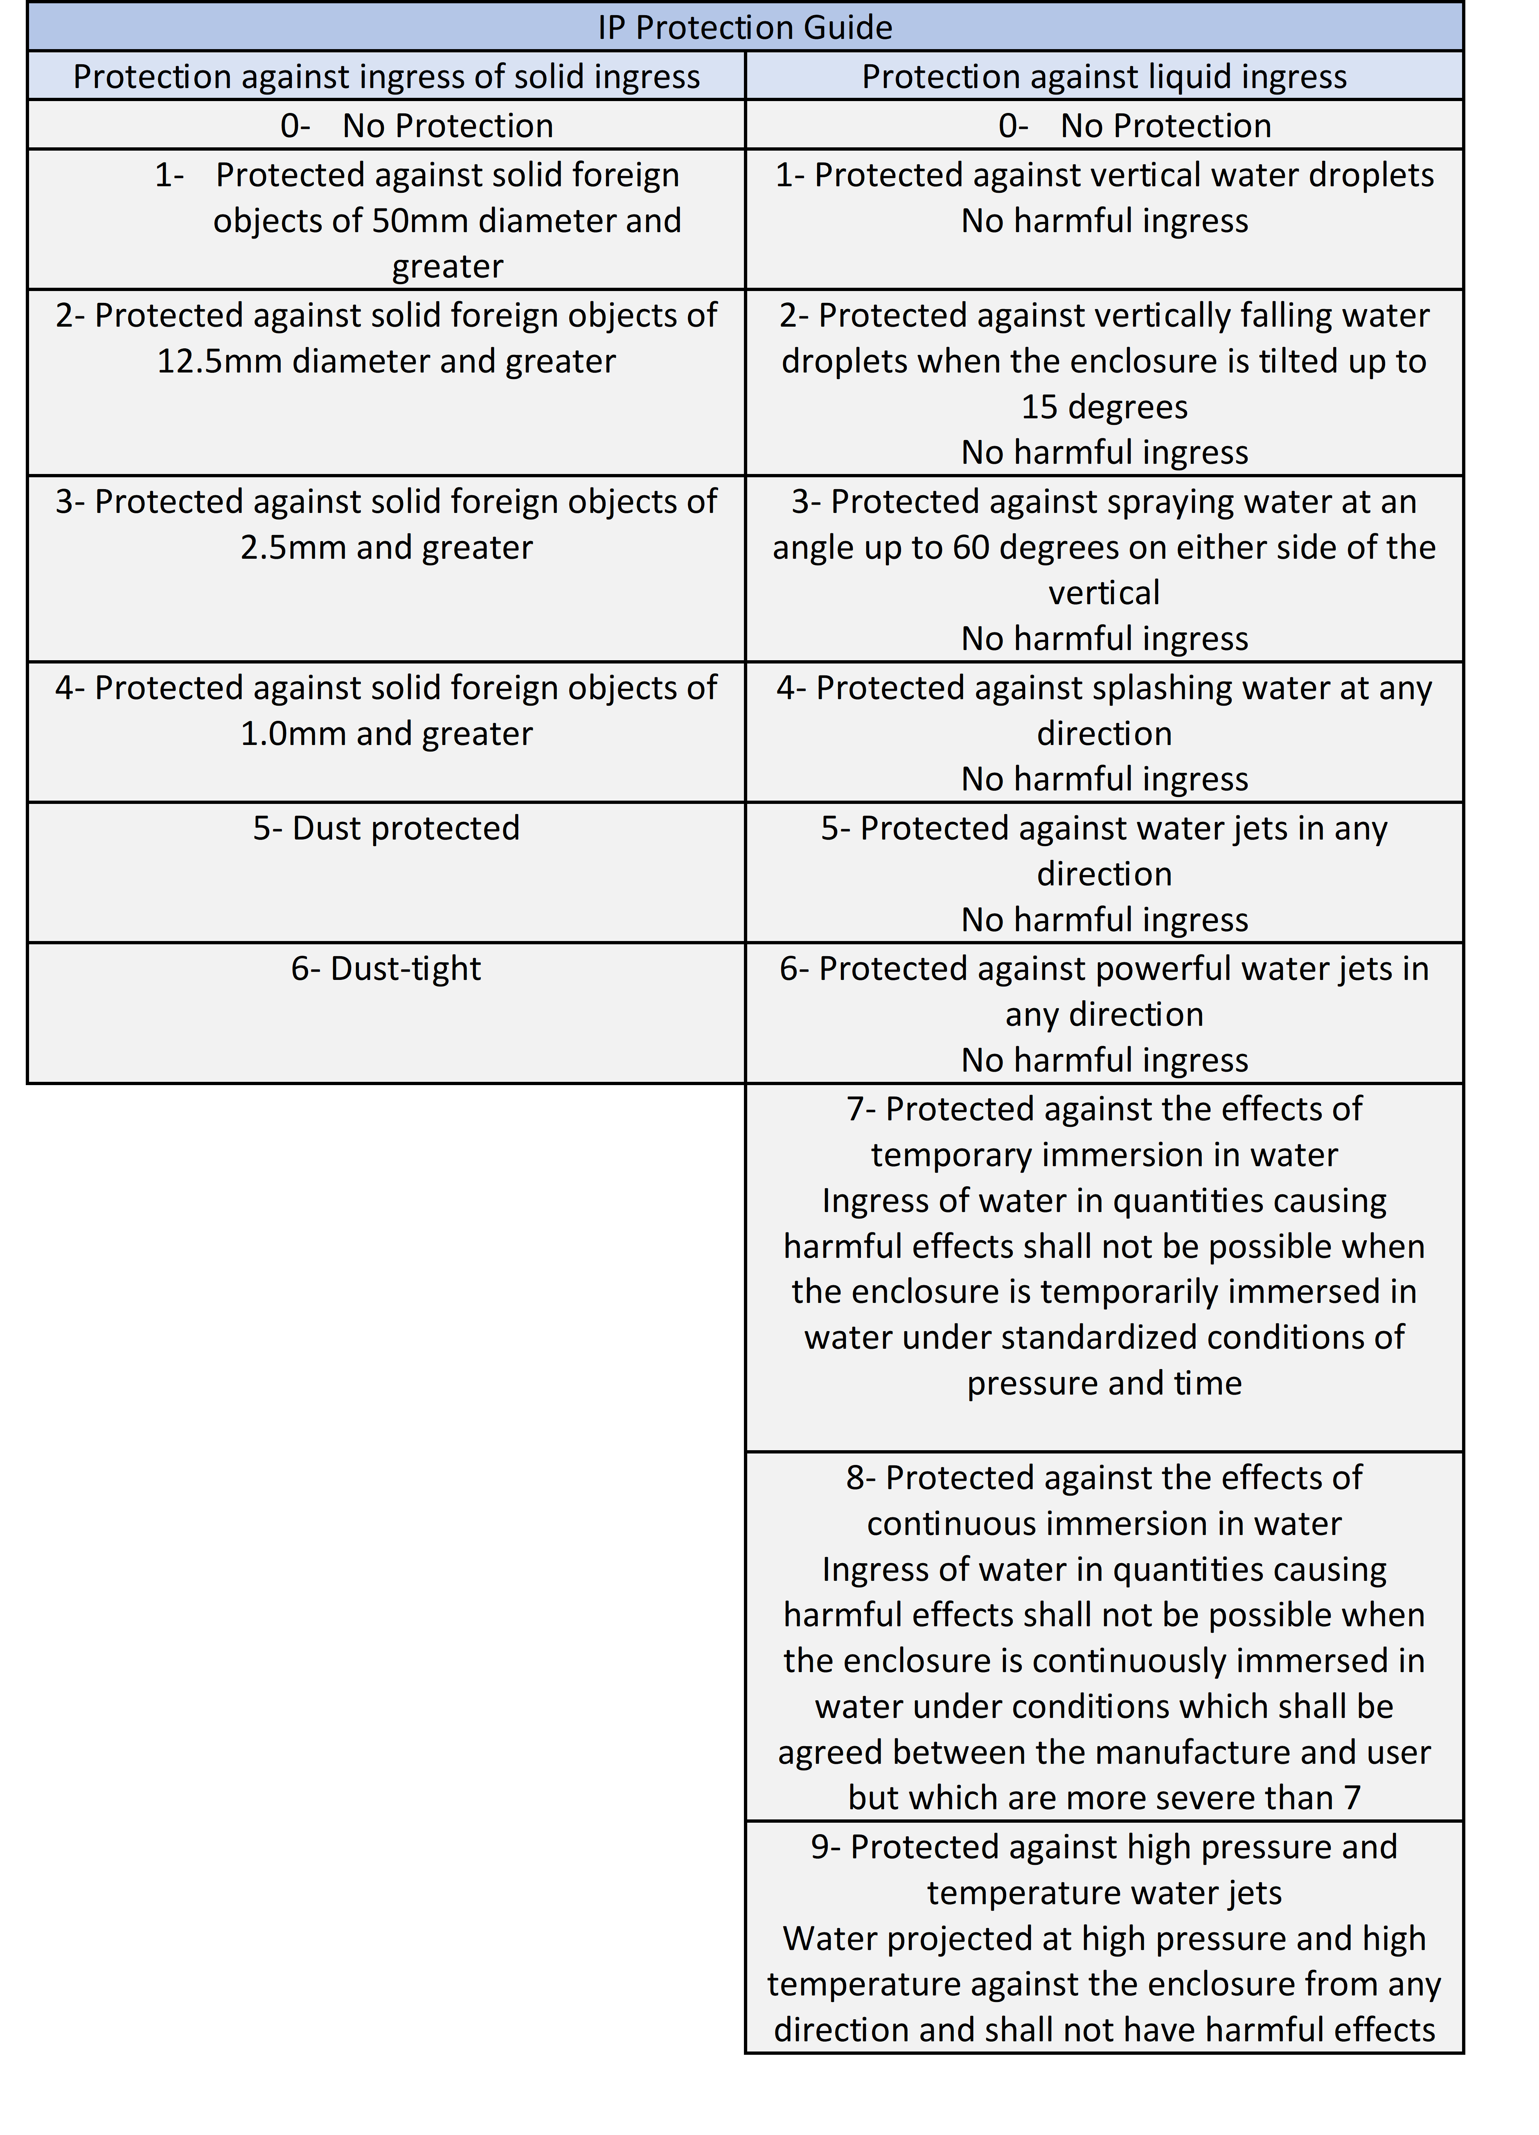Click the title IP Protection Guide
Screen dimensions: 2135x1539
pos(745,27)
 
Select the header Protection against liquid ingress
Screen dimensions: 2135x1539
pos(1104,76)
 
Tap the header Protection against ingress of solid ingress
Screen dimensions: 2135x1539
pos(386,76)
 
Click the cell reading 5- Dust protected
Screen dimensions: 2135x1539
pos(386,828)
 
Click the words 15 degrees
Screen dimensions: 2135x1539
pos(1104,407)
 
